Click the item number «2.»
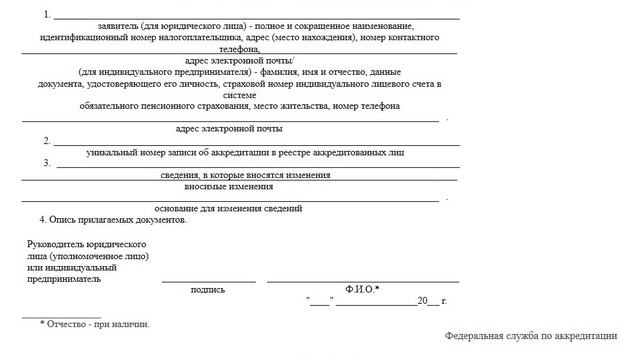coord(47,141)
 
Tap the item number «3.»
coord(47,163)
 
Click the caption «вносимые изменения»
coord(229,186)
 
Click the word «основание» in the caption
coord(180,209)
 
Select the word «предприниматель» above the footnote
coord(65,280)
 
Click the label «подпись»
coord(207,290)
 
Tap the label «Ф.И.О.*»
coord(361,290)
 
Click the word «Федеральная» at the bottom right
coord(479,337)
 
